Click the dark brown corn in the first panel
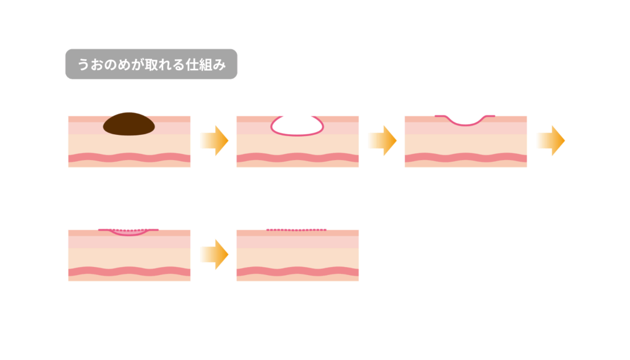point(129,124)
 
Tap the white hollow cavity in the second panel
point(297,126)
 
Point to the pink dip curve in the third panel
point(465,121)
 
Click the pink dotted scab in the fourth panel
point(128,232)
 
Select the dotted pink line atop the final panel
point(297,230)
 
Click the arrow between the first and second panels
point(215,141)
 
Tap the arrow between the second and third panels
point(383,141)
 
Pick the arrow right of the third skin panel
point(551,141)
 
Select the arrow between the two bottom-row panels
point(215,254)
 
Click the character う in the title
point(83,64)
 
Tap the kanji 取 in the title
point(151,64)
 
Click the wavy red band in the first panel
point(129,158)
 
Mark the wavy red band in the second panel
point(297,158)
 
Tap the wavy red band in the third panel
point(466,158)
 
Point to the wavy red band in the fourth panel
point(129,271)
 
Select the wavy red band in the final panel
point(297,271)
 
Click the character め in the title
point(124,64)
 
